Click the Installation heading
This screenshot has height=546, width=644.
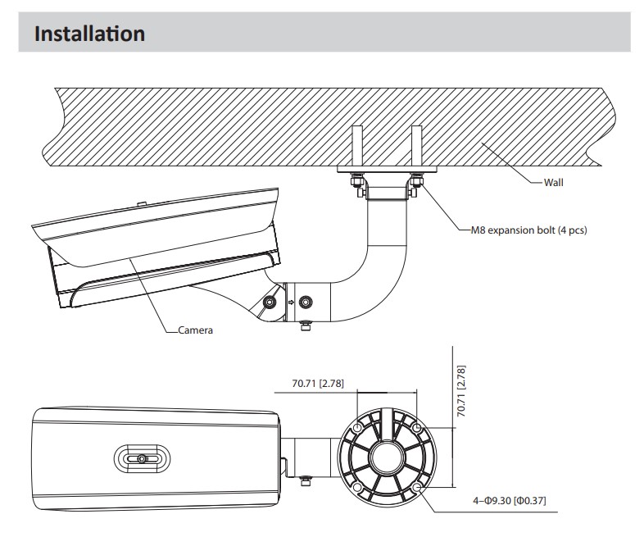tap(91, 35)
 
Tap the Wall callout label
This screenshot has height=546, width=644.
tap(554, 182)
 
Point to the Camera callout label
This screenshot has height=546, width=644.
tap(197, 330)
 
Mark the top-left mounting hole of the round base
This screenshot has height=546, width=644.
tap(358, 429)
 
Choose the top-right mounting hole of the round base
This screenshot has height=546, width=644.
tap(418, 429)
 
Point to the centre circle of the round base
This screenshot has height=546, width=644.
tap(388, 458)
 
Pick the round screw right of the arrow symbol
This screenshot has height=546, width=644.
tap(307, 302)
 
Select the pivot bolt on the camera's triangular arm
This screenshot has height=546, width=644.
tap(268, 303)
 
